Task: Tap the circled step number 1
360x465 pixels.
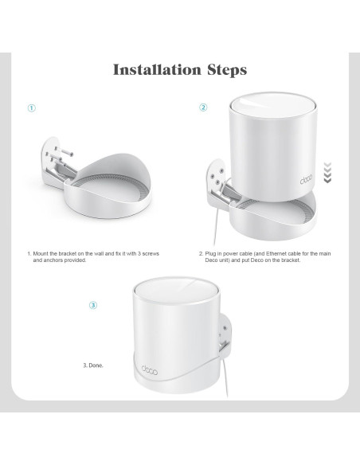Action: [x=31, y=107]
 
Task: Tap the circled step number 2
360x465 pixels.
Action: [x=203, y=107]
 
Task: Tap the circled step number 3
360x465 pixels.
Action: [x=93, y=304]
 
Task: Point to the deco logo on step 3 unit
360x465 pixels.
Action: [x=149, y=367]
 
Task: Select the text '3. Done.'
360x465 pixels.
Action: [x=93, y=365]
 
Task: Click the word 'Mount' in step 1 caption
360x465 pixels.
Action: [x=42, y=253]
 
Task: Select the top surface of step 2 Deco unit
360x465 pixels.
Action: [x=266, y=96]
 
